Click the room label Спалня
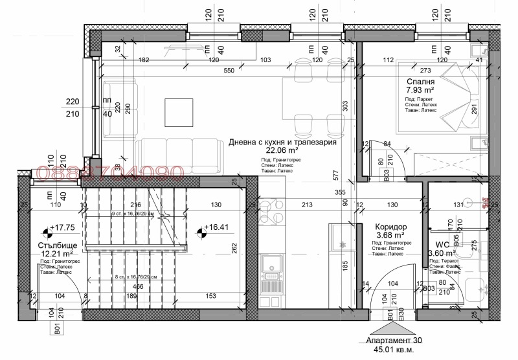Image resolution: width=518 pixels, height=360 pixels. tap(420, 82)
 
